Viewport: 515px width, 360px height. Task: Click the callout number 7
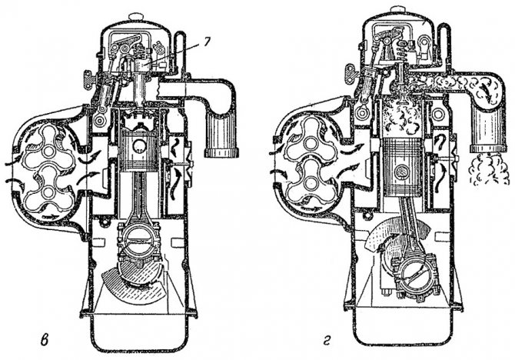point(206,44)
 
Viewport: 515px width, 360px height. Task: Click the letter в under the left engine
point(44,340)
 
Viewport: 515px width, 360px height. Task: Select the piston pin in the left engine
point(140,146)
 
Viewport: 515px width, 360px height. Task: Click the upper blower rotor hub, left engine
point(49,151)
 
